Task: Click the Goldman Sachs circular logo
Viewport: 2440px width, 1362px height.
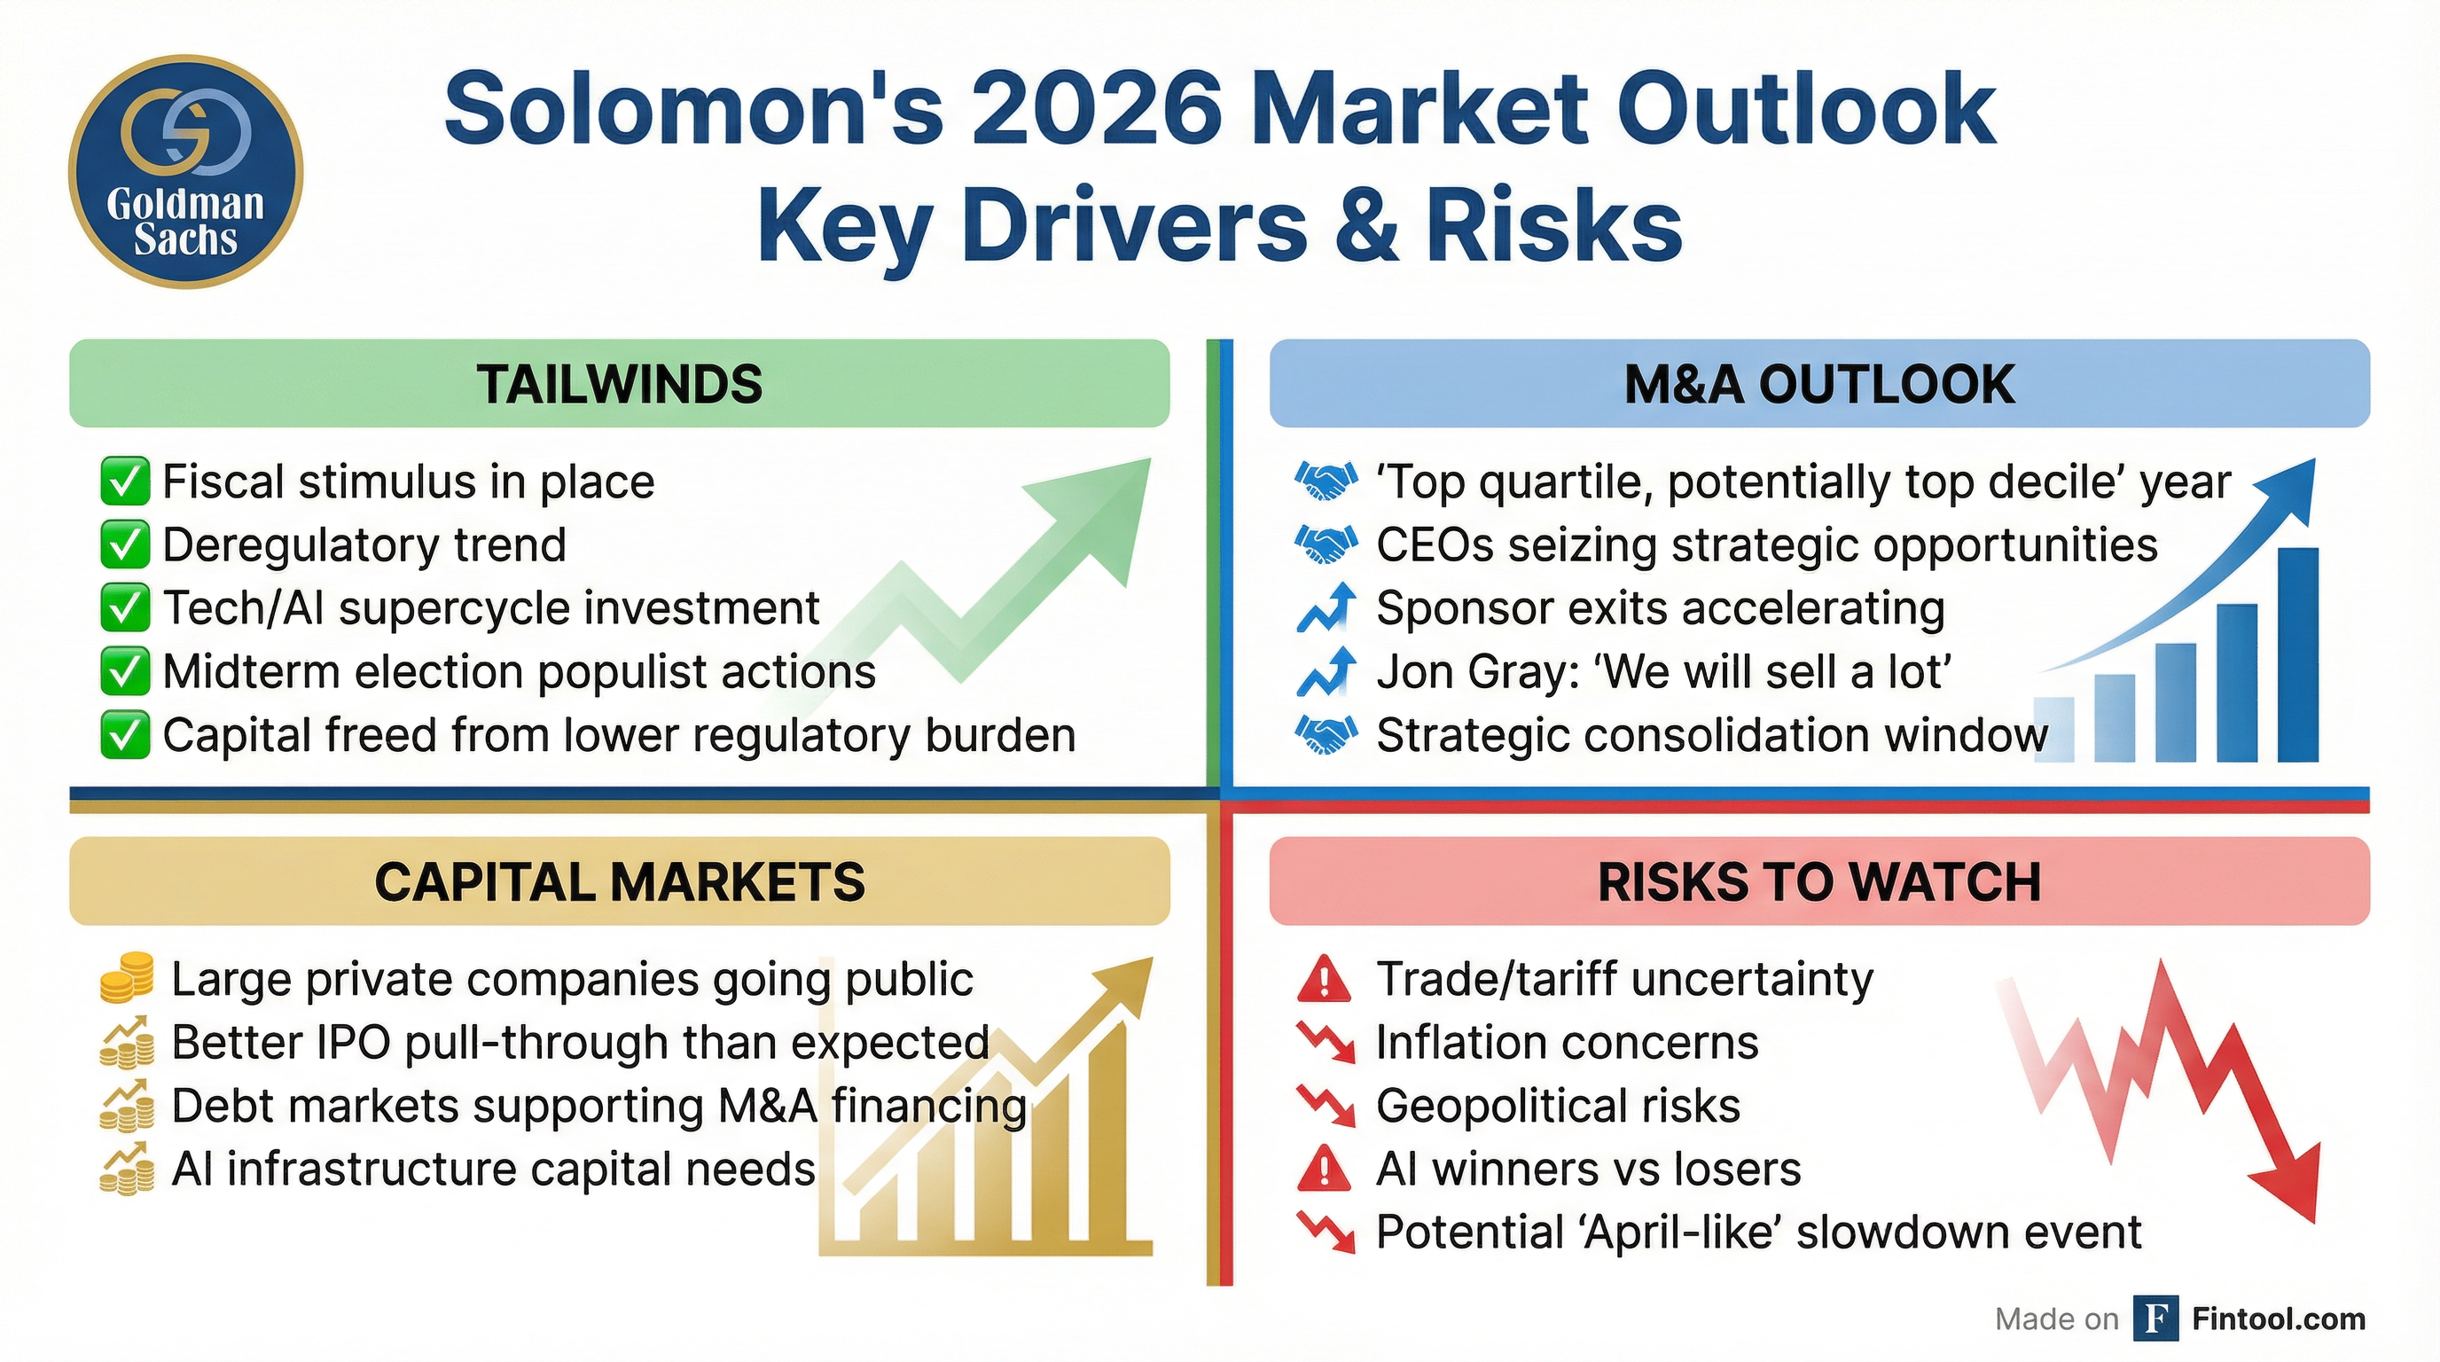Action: click(x=185, y=171)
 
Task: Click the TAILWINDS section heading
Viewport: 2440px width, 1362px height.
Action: click(x=620, y=385)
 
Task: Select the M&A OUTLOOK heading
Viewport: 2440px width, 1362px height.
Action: click(x=1818, y=385)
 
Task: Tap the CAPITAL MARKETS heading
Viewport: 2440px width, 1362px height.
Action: click(x=620, y=881)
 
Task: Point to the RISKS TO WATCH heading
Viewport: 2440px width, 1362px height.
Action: click(x=1818, y=881)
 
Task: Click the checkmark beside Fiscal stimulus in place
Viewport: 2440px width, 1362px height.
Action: click(x=124, y=482)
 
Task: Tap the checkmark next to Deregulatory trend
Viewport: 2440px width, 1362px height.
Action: click(x=124, y=545)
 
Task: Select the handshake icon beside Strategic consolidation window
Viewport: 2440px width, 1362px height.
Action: click(x=1326, y=735)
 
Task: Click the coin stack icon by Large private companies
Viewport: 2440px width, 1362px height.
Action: click(x=126, y=978)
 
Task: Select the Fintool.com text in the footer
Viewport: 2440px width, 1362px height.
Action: click(x=2278, y=1319)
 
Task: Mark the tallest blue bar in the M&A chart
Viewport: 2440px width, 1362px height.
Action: click(x=2297, y=654)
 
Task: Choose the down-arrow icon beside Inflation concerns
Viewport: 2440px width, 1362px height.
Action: click(x=1326, y=1042)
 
